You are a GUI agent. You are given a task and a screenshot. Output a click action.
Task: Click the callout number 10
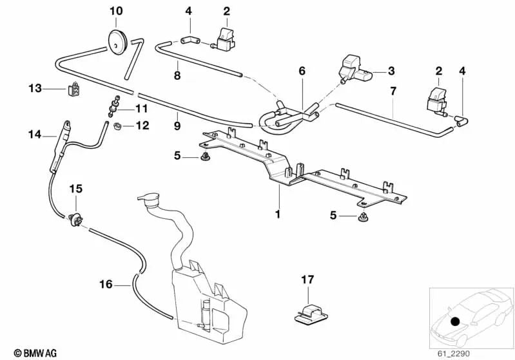(115, 11)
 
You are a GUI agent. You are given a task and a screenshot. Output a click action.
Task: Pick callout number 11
(141, 108)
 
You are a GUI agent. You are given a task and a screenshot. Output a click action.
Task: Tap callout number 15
(76, 189)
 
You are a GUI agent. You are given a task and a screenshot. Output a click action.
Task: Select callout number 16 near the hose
(106, 283)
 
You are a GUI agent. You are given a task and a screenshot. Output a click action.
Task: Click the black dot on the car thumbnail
(455, 320)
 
